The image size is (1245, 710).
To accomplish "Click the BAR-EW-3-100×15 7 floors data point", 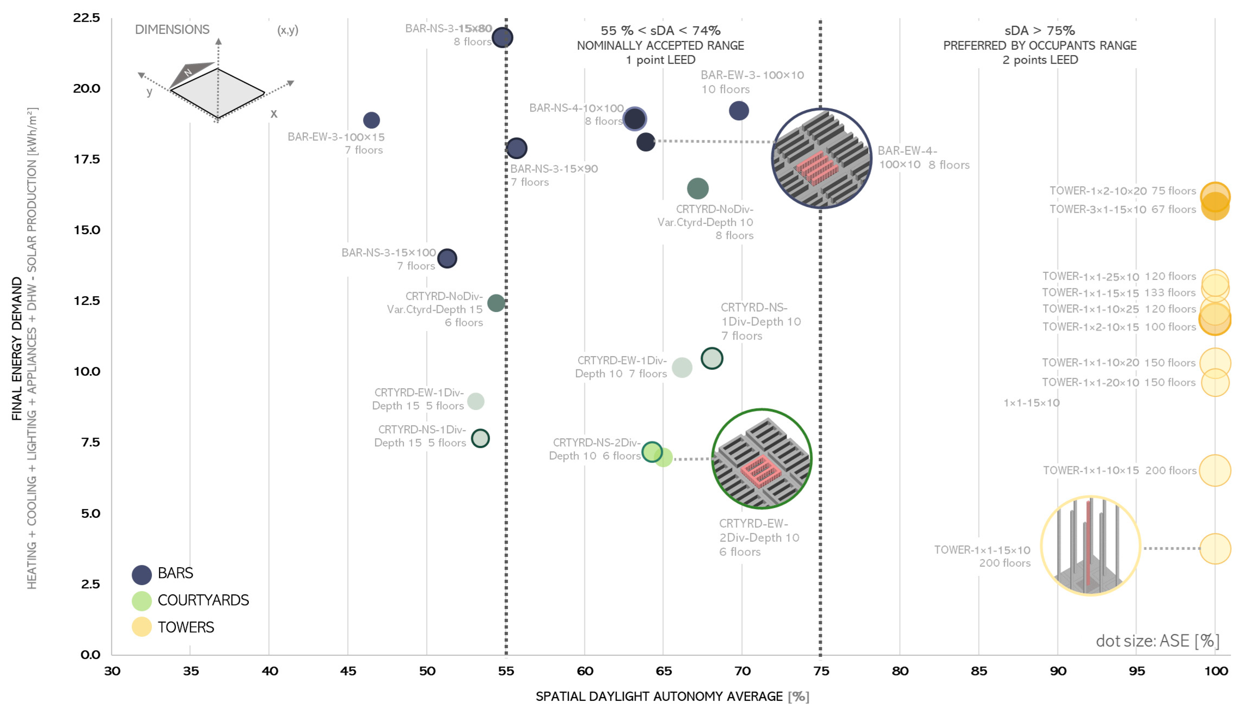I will point(371,120).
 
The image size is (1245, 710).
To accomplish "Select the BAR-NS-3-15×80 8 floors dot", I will point(502,38).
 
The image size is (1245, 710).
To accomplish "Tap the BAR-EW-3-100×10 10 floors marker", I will point(738,111).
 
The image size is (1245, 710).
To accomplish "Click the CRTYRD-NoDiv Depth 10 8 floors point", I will point(698,188).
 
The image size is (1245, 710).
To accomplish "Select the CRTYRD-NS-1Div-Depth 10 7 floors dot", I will point(712,358).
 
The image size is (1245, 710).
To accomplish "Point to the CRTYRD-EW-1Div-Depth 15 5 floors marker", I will point(475,401).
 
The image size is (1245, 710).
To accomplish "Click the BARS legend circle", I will point(142,575).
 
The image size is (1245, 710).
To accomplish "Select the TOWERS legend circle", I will point(142,627).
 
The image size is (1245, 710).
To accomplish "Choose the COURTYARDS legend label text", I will point(203,600).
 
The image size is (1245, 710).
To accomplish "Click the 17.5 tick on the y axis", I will point(87,159).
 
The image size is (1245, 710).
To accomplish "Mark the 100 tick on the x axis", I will point(1215,671).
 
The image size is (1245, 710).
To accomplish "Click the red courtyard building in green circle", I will point(760,471).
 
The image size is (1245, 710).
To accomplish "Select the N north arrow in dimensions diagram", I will point(188,72).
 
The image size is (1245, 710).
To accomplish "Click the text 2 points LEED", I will point(1040,60).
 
